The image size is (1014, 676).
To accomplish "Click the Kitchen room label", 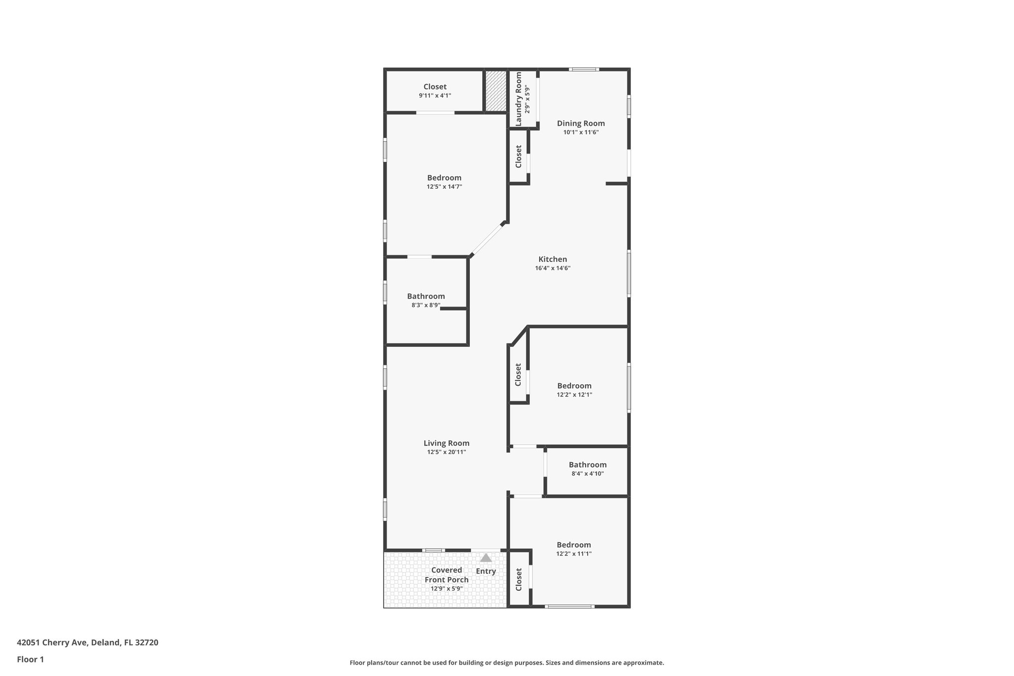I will pyautogui.click(x=553, y=259).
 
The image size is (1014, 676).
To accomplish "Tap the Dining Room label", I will pyautogui.click(x=581, y=123).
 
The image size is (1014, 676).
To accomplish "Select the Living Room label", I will pyautogui.click(x=446, y=443).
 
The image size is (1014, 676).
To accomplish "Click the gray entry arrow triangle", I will pyautogui.click(x=486, y=558).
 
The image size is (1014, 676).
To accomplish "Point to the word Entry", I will pyautogui.click(x=486, y=571).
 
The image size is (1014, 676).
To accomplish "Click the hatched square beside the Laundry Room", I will pyautogui.click(x=495, y=91).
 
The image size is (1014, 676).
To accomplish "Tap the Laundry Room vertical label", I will pyautogui.click(x=518, y=99).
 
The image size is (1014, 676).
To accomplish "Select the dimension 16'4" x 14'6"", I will pyautogui.click(x=553, y=268).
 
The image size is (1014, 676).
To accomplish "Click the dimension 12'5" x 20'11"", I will pyautogui.click(x=446, y=452).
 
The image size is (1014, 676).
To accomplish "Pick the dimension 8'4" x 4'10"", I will pyautogui.click(x=587, y=473).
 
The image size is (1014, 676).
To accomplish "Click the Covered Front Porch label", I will pyautogui.click(x=446, y=574).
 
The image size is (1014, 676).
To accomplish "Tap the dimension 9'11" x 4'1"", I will pyautogui.click(x=435, y=96).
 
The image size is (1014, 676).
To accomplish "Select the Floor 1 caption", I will pyautogui.click(x=30, y=659).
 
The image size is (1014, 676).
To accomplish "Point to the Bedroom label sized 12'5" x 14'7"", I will pyautogui.click(x=444, y=178).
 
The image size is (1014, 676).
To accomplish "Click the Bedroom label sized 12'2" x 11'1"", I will pyautogui.click(x=573, y=545).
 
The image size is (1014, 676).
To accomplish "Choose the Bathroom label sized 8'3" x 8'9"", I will pyautogui.click(x=426, y=296).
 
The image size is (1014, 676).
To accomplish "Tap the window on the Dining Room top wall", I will pyautogui.click(x=583, y=69).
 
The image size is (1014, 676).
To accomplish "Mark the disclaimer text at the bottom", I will pyautogui.click(x=507, y=663).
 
